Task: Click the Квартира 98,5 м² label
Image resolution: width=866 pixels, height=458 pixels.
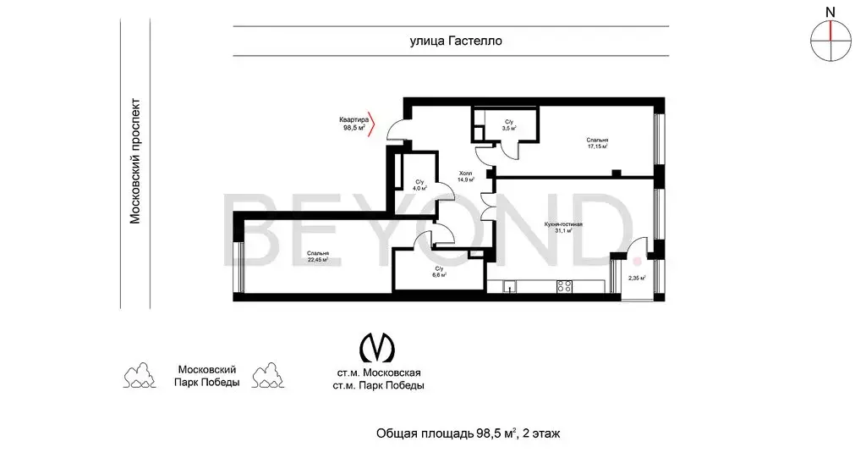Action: (354, 124)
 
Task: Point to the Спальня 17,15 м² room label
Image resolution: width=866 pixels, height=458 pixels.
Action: (597, 143)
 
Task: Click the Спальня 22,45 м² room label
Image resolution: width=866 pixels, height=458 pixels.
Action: (318, 257)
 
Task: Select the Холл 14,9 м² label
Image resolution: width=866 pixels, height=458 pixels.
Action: (465, 175)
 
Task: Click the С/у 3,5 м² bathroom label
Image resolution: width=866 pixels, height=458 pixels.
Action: (509, 126)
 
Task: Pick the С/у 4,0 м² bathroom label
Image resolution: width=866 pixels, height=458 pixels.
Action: (419, 184)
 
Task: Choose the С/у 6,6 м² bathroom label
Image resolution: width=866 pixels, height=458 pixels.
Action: (439, 272)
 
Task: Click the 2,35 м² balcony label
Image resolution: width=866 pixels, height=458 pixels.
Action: (636, 278)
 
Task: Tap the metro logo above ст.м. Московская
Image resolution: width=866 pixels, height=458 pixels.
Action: (377, 348)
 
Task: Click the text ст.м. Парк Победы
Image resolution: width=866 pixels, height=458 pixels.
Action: (379, 386)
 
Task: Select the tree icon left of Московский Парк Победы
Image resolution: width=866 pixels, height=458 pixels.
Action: (140, 376)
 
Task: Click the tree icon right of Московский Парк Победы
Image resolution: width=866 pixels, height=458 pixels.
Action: (268, 376)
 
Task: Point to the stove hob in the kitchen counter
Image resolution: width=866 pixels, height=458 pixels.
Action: (564, 287)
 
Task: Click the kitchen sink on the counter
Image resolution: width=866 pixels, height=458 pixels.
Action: (509, 287)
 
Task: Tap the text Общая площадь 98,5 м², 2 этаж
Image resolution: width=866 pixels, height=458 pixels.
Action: (468, 433)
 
